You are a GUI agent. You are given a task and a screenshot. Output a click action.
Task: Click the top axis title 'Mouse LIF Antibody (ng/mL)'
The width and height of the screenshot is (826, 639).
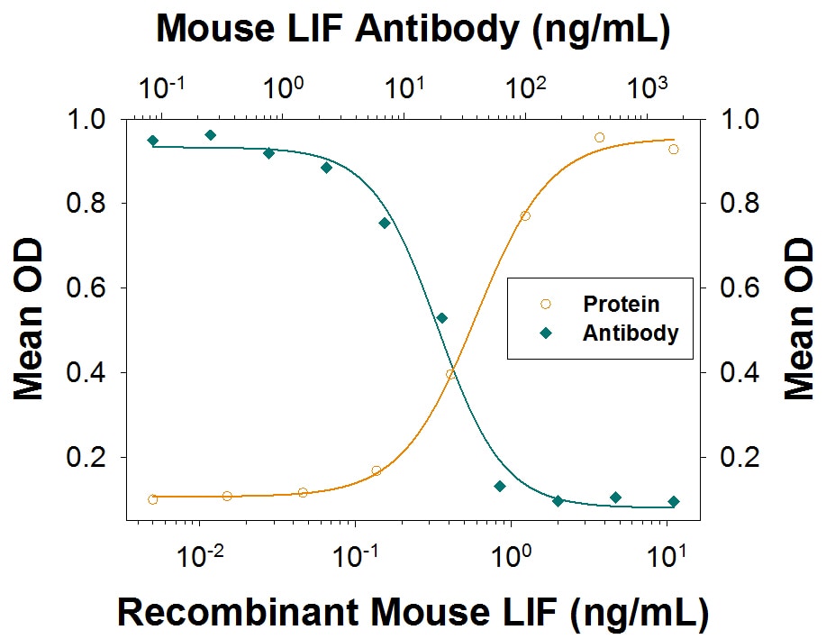pos(413,29)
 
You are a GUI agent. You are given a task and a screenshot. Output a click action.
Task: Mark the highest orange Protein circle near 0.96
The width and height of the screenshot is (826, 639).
pos(599,138)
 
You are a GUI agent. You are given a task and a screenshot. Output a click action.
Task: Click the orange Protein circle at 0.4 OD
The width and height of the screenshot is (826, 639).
pos(450,374)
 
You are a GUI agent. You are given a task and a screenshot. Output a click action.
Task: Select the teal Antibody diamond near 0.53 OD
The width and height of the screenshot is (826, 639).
pos(442,318)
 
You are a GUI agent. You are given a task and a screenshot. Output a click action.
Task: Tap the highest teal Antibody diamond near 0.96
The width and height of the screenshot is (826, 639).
pos(211,135)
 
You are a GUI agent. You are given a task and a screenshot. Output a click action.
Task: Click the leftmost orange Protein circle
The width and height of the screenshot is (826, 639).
pos(153,499)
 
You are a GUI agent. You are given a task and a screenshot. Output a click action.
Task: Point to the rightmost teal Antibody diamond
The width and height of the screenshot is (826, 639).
pos(674,502)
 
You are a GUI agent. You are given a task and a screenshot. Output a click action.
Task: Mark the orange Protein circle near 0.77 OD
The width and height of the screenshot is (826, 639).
pos(525,216)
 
